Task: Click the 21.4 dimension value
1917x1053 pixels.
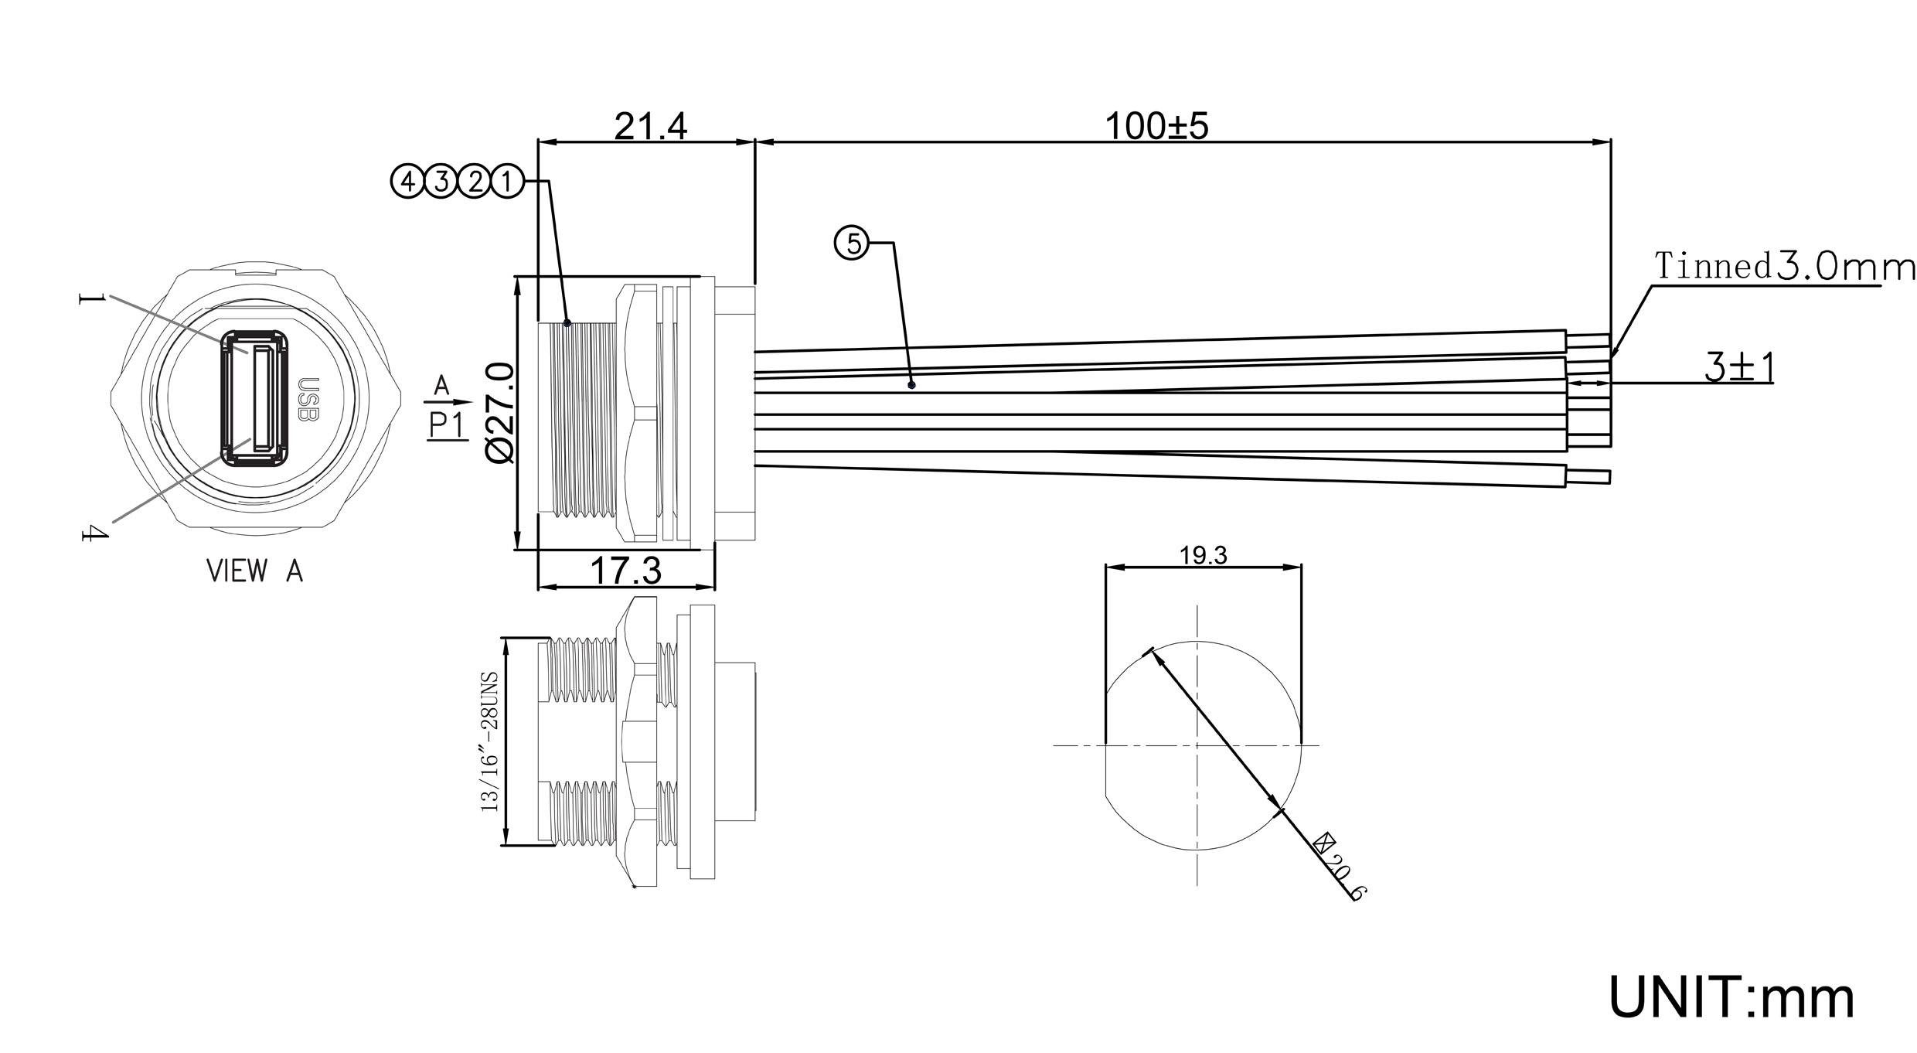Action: pos(650,126)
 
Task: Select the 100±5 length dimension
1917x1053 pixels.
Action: pos(1156,126)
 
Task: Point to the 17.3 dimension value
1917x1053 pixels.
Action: pos(626,571)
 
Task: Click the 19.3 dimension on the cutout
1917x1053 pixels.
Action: pos(1204,555)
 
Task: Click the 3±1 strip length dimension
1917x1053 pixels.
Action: pos(1740,368)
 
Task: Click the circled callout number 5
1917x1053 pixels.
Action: pos(852,244)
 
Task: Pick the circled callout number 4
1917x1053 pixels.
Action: pos(407,182)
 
